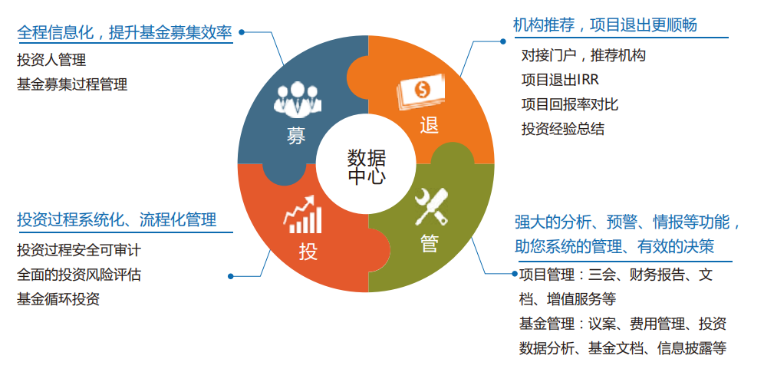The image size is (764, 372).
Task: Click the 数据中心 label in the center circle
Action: [366, 167]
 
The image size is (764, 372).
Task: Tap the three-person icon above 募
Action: [296, 99]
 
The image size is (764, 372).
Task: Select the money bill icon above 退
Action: [420, 94]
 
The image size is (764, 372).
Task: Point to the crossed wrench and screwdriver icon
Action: [431, 206]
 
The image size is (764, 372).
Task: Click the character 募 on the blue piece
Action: [296, 137]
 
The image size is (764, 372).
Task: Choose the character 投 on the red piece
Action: [308, 252]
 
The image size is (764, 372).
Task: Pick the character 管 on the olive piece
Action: [429, 243]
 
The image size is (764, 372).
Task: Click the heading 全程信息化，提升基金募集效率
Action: [124, 33]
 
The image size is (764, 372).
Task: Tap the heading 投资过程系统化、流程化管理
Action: [117, 220]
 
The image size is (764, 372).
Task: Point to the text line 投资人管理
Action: [51, 60]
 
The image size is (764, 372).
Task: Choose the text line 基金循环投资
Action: [58, 299]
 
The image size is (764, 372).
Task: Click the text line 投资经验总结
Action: [562, 129]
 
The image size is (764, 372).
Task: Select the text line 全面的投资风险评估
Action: [79, 275]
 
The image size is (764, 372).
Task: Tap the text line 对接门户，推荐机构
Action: [583, 55]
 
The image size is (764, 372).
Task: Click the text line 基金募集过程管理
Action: [72, 84]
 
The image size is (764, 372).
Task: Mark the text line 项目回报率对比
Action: [569, 104]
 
